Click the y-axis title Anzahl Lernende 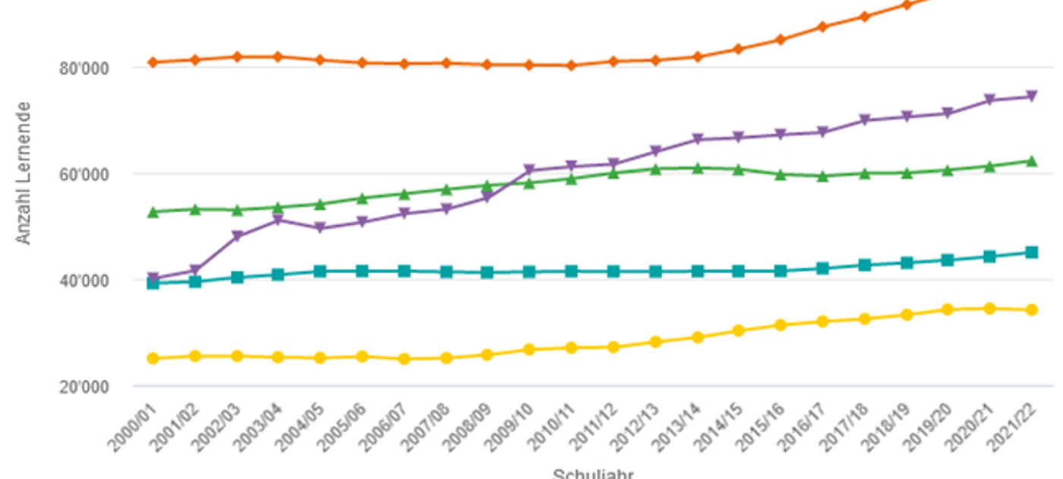pos(24,173)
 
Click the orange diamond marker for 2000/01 pos(153,62)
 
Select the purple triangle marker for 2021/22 pos(1032,97)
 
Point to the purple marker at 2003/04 pos(278,220)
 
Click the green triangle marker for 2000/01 pos(153,211)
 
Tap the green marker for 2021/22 pos(1032,161)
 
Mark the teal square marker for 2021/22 pos(1032,252)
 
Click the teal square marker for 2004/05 pos(320,271)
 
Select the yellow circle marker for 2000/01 pos(153,358)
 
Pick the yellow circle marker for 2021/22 pos(1032,309)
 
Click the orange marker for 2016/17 pos(822,27)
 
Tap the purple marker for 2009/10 pos(529,170)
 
